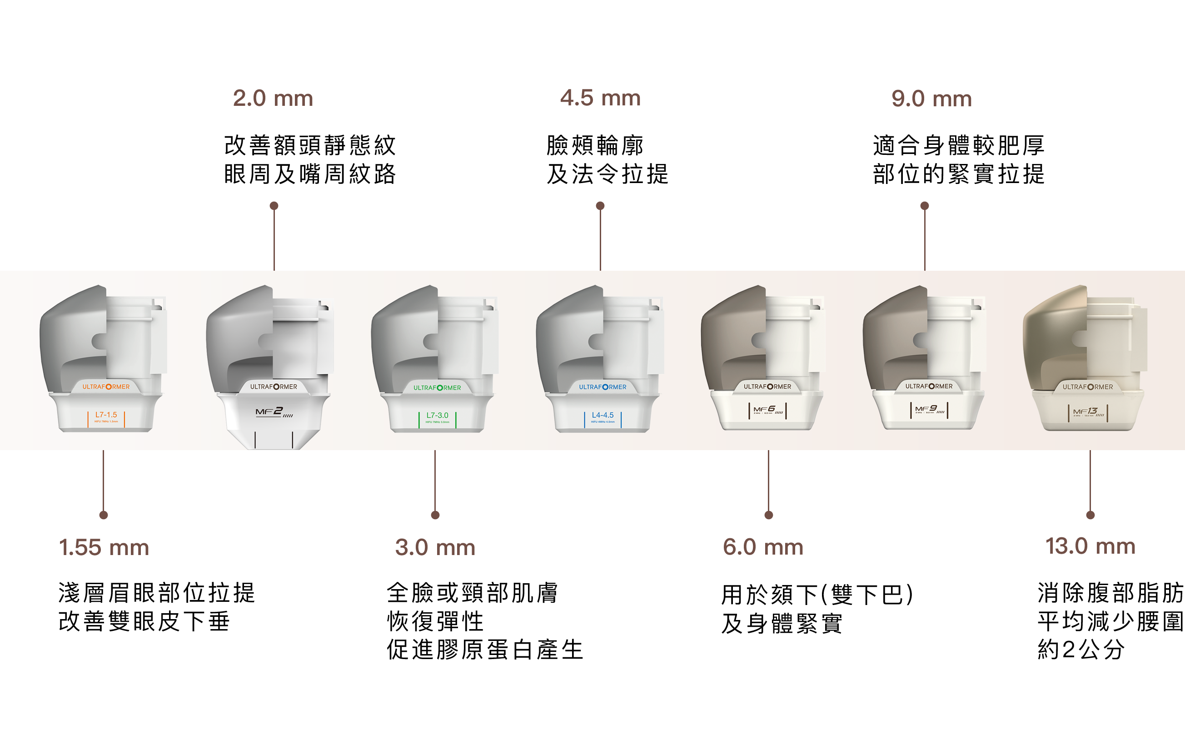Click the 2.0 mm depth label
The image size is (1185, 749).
(273, 99)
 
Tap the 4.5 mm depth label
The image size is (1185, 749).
(600, 99)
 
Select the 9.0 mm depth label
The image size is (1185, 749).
(931, 99)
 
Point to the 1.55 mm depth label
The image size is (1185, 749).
(104, 547)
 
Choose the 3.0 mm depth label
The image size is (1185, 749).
(435, 547)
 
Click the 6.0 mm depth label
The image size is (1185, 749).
(763, 547)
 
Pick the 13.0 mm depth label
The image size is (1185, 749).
(1090, 546)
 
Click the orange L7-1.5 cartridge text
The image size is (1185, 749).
(106, 415)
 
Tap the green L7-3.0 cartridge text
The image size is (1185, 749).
(438, 416)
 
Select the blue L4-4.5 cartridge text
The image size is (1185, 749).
(603, 415)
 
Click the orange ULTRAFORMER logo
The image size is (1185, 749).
(106, 387)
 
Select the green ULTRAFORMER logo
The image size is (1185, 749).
(438, 388)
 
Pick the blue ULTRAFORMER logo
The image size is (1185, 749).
(603, 387)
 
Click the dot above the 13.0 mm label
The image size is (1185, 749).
(1090, 515)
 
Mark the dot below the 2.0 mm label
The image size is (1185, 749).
(274, 206)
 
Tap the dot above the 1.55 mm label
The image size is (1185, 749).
(103, 515)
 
